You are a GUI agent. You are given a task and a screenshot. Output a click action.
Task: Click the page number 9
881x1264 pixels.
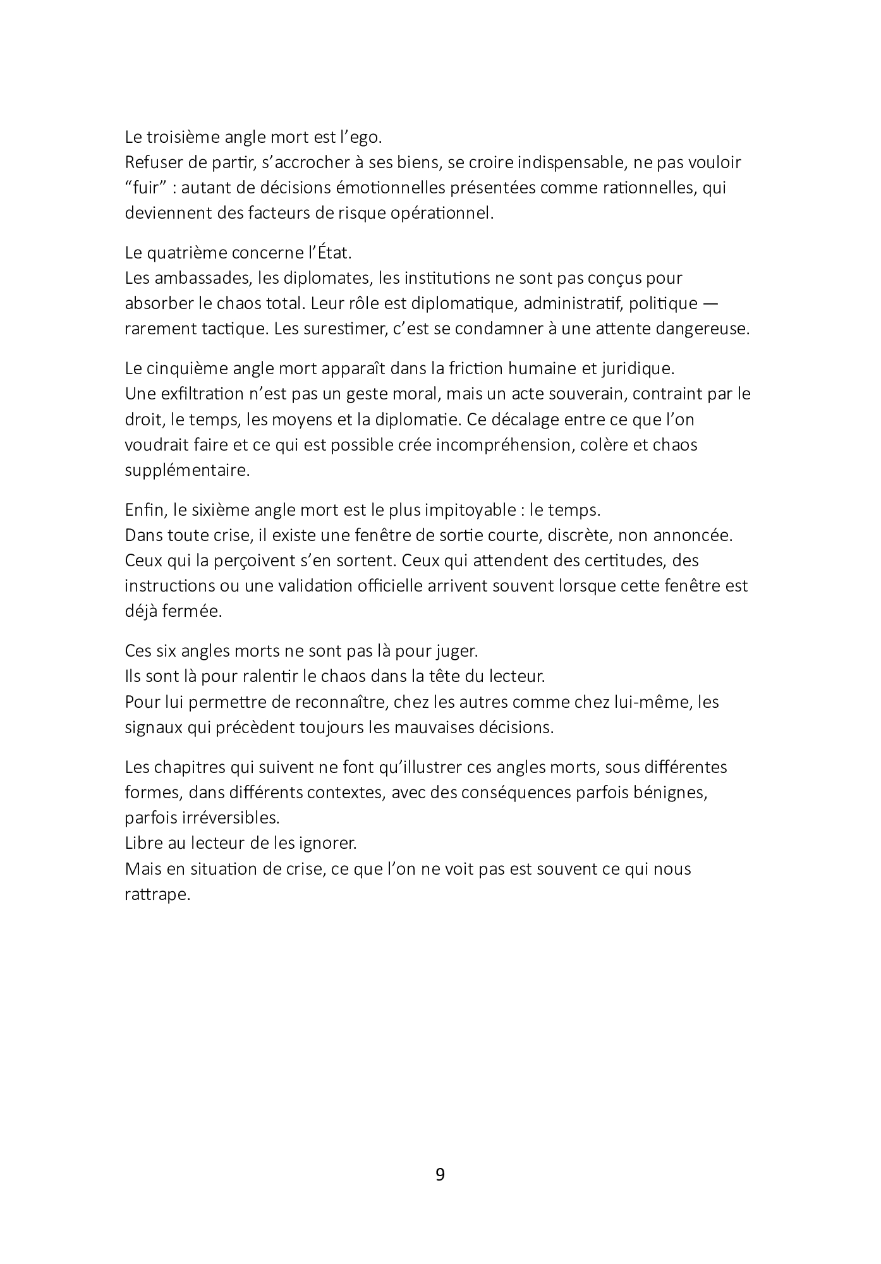click(x=440, y=1175)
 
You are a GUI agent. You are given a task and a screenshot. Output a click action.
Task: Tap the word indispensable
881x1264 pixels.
click(x=573, y=162)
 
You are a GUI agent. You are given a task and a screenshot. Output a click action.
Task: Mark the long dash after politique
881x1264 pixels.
click(x=710, y=304)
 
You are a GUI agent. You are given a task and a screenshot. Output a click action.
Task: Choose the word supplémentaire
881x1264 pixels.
click(x=187, y=471)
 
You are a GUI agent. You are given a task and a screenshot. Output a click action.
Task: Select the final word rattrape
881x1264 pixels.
click(x=157, y=895)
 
